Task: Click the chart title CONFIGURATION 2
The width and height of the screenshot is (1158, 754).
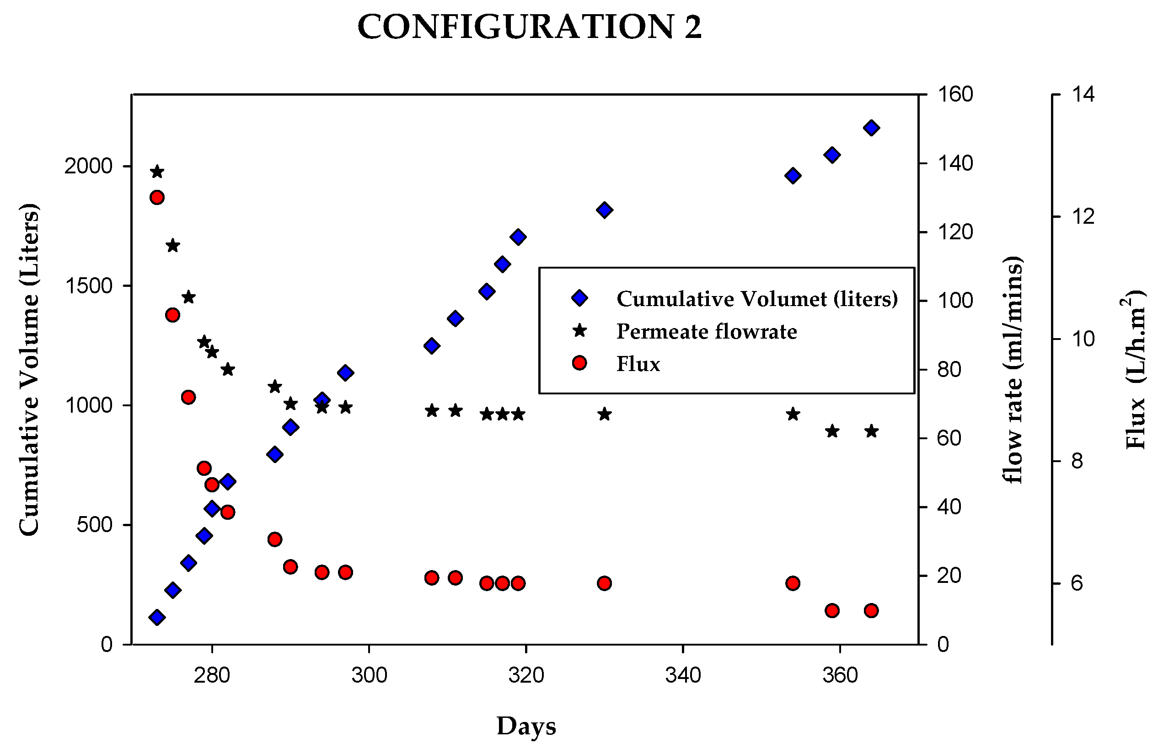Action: (529, 27)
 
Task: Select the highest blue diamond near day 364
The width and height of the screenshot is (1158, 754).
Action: (871, 128)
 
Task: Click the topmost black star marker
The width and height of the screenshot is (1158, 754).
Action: (157, 172)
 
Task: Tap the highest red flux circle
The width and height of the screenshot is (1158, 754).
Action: (157, 197)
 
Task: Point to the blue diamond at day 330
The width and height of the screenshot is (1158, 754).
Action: (604, 210)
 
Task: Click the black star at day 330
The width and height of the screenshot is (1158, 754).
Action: (604, 414)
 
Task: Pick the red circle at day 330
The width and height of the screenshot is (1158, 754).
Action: (604, 583)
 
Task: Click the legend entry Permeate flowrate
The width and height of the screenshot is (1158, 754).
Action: (707, 332)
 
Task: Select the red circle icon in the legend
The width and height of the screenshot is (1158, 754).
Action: (579, 363)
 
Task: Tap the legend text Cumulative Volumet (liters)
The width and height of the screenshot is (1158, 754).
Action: (756, 299)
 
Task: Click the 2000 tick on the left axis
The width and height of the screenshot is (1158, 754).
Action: (89, 167)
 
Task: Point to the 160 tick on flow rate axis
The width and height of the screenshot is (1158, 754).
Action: (955, 94)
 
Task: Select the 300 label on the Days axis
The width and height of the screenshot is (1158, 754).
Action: (369, 676)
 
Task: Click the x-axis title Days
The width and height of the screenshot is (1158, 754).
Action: (526, 726)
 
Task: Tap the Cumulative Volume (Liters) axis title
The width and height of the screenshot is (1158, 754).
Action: (29, 370)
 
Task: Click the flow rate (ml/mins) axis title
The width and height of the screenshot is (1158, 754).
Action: (1013, 370)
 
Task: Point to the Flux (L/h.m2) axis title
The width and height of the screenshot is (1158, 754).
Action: (1135, 370)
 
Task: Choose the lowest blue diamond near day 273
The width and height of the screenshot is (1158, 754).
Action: (157, 617)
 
